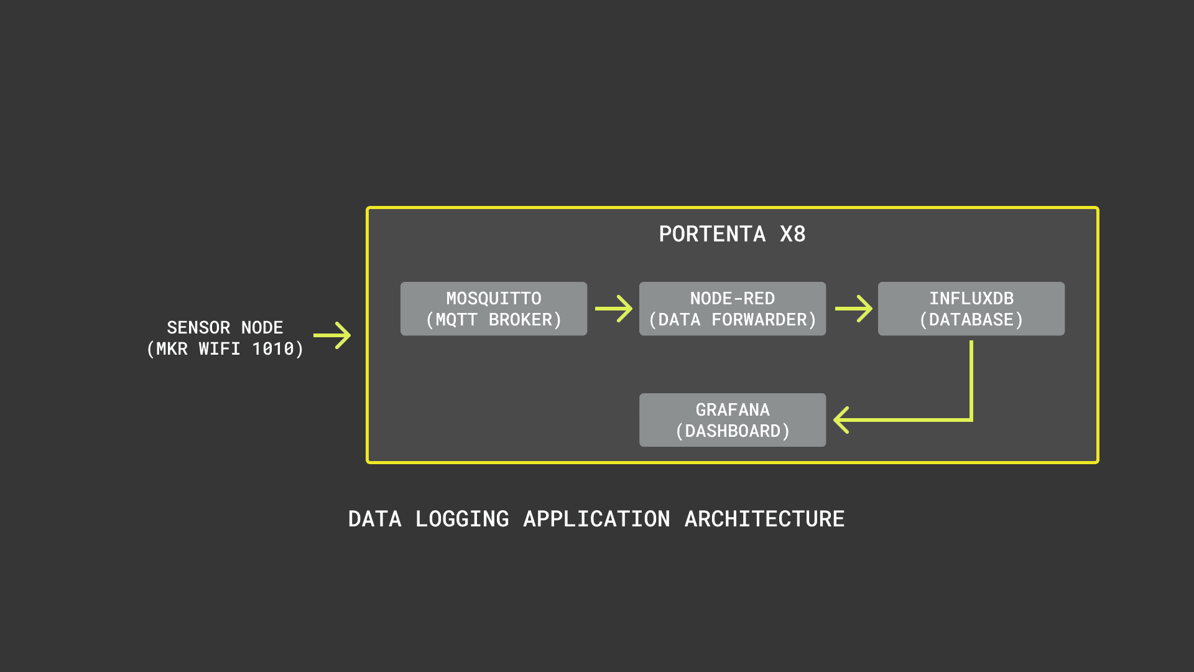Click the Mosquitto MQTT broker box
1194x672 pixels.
point(493,309)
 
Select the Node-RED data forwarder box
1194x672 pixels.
point(732,309)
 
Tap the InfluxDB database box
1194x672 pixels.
point(971,309)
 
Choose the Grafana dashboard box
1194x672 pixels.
point(732,420)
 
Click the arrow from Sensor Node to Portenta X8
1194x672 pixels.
point(332,335)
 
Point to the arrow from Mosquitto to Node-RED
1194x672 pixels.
point(613,309)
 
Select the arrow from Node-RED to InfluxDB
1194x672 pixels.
point(853,309)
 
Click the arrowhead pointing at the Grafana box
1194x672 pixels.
point(841,420)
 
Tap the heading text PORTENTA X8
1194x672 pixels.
point(732,235)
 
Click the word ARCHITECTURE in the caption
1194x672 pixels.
point(764,519)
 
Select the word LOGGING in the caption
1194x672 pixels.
point(462,519)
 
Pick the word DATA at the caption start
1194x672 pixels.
point(374,519)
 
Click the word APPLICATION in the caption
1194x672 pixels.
point(596,519)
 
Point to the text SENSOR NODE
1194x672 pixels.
point(224,327)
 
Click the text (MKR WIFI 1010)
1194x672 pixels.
point(224,349)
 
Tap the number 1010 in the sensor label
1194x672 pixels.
point(273,349)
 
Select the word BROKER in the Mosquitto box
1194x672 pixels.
point(521,320)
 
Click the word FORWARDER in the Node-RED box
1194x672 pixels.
point(759,320)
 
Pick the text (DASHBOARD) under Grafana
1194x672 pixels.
point(732,431)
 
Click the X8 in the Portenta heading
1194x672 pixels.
point(792,235)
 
